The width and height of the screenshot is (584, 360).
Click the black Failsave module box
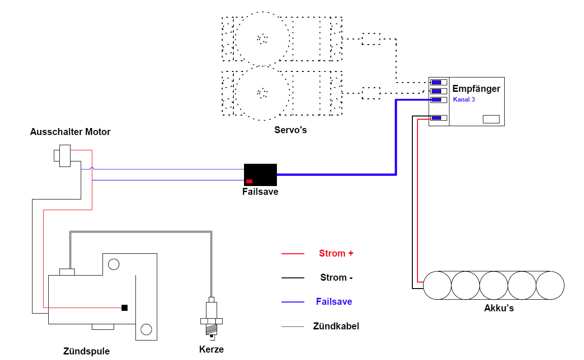click(x=260, y=174)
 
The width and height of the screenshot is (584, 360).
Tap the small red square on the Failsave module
click(x=249, y=181)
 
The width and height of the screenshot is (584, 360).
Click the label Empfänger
click(x=476, y=89)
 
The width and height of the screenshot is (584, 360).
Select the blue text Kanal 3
click(x=464, y=99)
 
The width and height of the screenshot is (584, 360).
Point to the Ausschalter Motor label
click(x=70, y=132)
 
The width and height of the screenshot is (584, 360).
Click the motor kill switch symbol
click(x=62, y=155)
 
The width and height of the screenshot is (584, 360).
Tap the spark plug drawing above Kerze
click(x=212, y=319)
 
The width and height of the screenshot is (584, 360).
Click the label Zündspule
click(x=86, y=351)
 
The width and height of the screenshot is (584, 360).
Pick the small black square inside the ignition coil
click(x=125, y=308)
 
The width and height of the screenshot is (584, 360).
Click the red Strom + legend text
click(x=336, y=253)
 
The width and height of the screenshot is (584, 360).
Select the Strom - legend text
click(x=336, y=277)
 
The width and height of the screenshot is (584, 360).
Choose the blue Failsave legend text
click(x=334, y=302)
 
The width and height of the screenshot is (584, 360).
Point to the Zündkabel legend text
click(x=336, y=326)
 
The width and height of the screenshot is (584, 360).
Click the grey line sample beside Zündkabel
click(x=293, y=327)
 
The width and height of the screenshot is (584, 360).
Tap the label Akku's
click(x=499, y=308)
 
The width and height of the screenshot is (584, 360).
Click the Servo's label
click(x=290, y=130)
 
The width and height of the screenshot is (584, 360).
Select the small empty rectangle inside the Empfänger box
click(x=491, y=119)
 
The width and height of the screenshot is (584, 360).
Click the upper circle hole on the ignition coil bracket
click(x=114, y=264)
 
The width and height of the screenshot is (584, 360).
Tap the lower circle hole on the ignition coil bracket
click(x=146, y=329)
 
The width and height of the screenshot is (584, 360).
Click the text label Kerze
click(x=212, y=349)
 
